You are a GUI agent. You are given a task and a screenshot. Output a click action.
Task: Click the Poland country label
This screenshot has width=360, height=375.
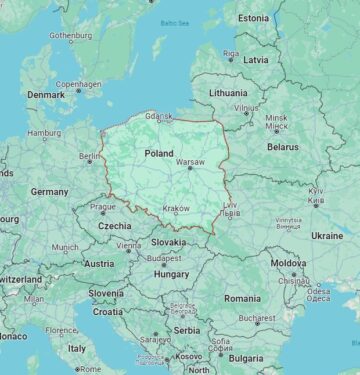158,154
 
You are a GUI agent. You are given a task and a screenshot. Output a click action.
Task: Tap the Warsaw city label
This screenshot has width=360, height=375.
189,161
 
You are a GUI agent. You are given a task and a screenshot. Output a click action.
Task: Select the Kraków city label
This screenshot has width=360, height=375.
176,209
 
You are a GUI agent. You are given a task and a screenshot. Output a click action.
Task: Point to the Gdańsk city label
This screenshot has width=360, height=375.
158,117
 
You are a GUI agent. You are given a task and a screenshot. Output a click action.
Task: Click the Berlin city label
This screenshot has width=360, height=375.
90,157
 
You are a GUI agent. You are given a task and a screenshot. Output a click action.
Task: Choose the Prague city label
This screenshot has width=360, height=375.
103,207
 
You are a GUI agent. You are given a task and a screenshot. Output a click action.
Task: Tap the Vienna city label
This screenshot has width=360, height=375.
128,245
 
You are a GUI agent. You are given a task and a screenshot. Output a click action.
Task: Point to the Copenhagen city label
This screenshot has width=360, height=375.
78,84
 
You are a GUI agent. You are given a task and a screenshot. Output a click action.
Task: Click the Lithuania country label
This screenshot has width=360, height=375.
228,92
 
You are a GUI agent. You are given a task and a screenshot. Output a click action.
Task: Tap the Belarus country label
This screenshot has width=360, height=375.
283,146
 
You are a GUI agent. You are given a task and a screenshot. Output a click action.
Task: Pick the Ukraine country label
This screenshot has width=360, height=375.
326,235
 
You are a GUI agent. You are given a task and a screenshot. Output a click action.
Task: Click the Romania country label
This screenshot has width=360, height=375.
242,298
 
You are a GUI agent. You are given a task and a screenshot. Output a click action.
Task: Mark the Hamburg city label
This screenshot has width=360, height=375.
44,132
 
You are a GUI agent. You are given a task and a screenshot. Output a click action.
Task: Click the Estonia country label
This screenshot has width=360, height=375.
253,17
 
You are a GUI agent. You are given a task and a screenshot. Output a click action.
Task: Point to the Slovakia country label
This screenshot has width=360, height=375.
168,241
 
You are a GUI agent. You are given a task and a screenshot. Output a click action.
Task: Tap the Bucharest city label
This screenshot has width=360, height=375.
257,319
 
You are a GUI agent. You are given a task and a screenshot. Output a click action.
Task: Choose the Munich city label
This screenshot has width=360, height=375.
65,247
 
